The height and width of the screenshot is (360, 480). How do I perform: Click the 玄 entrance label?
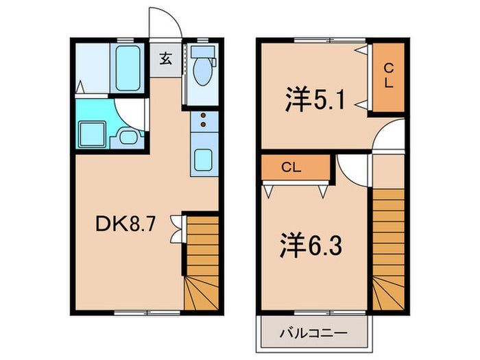pyautogui.click(x=165, y=58)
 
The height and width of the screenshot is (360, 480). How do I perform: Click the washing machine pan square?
pyautogui.click(x=90, y=133)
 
